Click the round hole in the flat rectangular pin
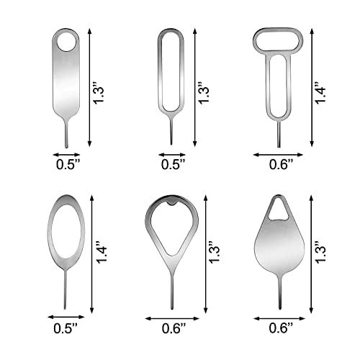(66, 42)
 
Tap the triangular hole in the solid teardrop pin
(279, 210)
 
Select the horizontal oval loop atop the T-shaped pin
(278, 40)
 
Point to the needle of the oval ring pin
(65, 289)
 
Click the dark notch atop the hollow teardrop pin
(171, 203)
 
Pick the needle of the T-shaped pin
(279, 134)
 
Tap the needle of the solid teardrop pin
(280, 292)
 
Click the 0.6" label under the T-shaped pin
(281, 164)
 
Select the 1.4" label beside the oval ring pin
(102, 252)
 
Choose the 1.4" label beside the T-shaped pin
(320, 92)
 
